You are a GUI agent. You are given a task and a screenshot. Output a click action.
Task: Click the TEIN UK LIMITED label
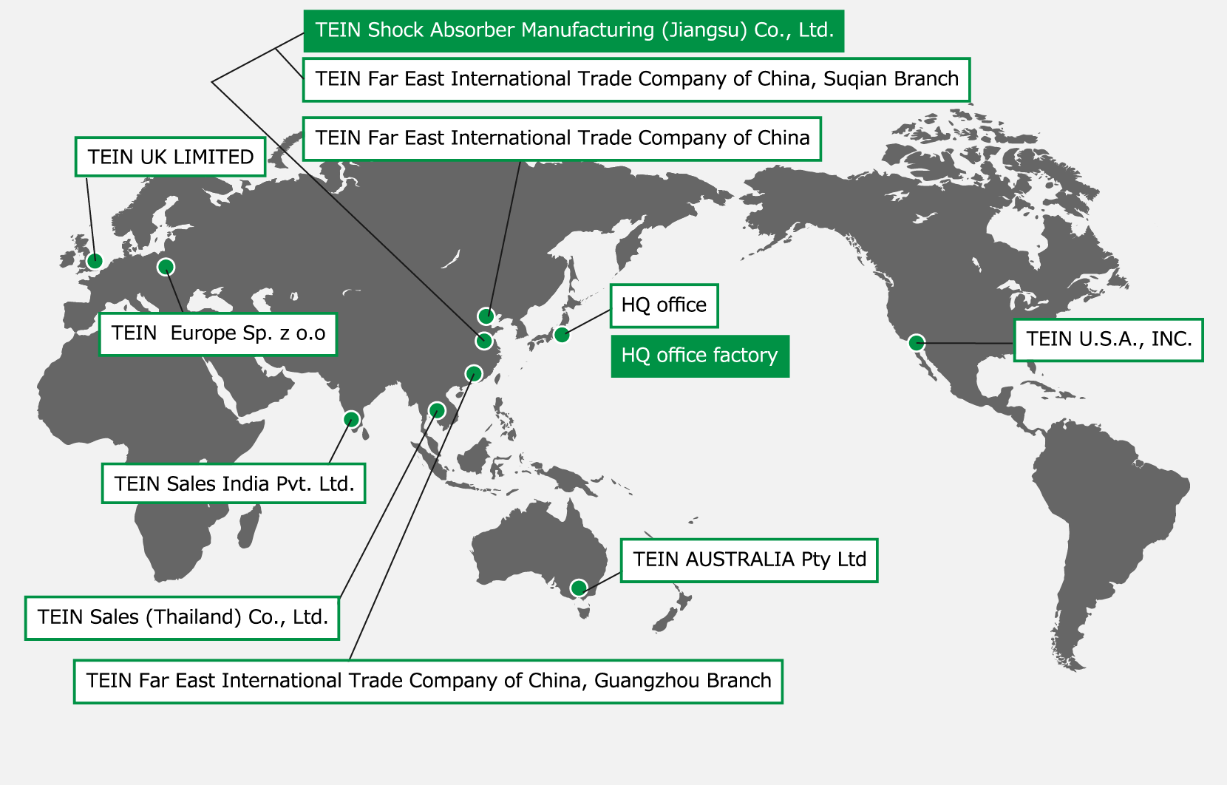[170, 157]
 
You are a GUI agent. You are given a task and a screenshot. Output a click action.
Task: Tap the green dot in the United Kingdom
[94, 260]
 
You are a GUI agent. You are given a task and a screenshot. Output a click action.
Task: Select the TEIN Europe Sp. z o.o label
[218, 333]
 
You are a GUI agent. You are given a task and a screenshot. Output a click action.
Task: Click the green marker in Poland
[166, 266]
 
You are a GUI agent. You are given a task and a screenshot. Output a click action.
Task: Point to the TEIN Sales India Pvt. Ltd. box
[234, 483]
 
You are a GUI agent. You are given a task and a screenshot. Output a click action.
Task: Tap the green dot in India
[352, 419]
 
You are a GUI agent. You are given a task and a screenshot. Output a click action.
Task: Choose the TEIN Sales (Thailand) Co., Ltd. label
[182, 617]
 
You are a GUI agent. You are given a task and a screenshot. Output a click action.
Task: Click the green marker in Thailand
[437, 410]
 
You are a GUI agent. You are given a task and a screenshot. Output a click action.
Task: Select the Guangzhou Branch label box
[428, 681]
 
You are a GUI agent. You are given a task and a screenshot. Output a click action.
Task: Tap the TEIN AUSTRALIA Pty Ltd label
[749, 560]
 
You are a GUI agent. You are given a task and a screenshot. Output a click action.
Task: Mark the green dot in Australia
[579, 588]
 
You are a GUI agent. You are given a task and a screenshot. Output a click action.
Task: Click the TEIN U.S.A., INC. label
[1108, 339]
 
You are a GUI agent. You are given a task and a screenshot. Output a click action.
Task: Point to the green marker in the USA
[916, 342]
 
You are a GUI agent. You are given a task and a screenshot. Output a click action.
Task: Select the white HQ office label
[664, 305]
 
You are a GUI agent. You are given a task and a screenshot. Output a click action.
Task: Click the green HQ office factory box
[699, 356]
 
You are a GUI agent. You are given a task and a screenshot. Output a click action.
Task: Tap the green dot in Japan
[562, 334]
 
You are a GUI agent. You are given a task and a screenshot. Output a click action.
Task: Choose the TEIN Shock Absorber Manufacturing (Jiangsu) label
[574, 30]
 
